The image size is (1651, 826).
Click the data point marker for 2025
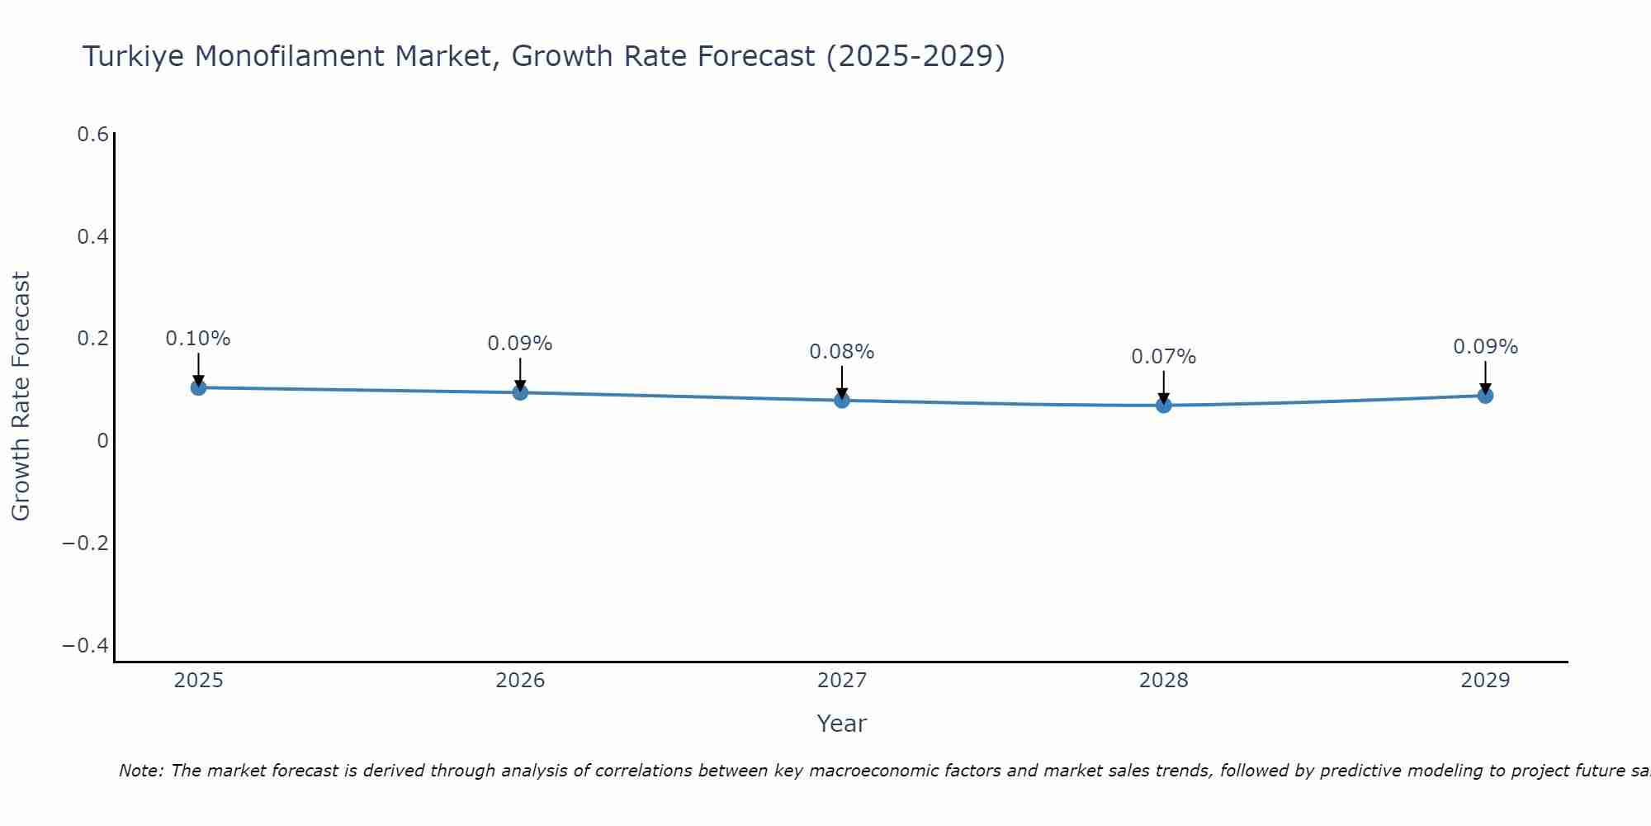198,387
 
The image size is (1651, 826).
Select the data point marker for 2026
520,392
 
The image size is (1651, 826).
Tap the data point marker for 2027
842,401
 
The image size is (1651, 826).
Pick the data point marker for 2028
1164,406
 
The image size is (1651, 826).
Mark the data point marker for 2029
1485,396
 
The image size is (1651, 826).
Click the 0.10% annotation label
198,339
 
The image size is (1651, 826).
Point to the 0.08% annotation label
841,352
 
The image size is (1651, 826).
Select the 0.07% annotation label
1163,357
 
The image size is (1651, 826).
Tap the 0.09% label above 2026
519,344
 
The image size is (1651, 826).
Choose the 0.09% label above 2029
1485,347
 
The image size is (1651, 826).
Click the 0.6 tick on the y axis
92,135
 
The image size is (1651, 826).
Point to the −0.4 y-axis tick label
86,645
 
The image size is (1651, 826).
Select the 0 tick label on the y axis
102,441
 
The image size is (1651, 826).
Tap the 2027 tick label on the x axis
841,681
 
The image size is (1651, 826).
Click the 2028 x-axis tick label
1163,681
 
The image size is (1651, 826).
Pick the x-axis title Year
841,724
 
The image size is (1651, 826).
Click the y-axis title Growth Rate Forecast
21,396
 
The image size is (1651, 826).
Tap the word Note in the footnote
140,771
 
